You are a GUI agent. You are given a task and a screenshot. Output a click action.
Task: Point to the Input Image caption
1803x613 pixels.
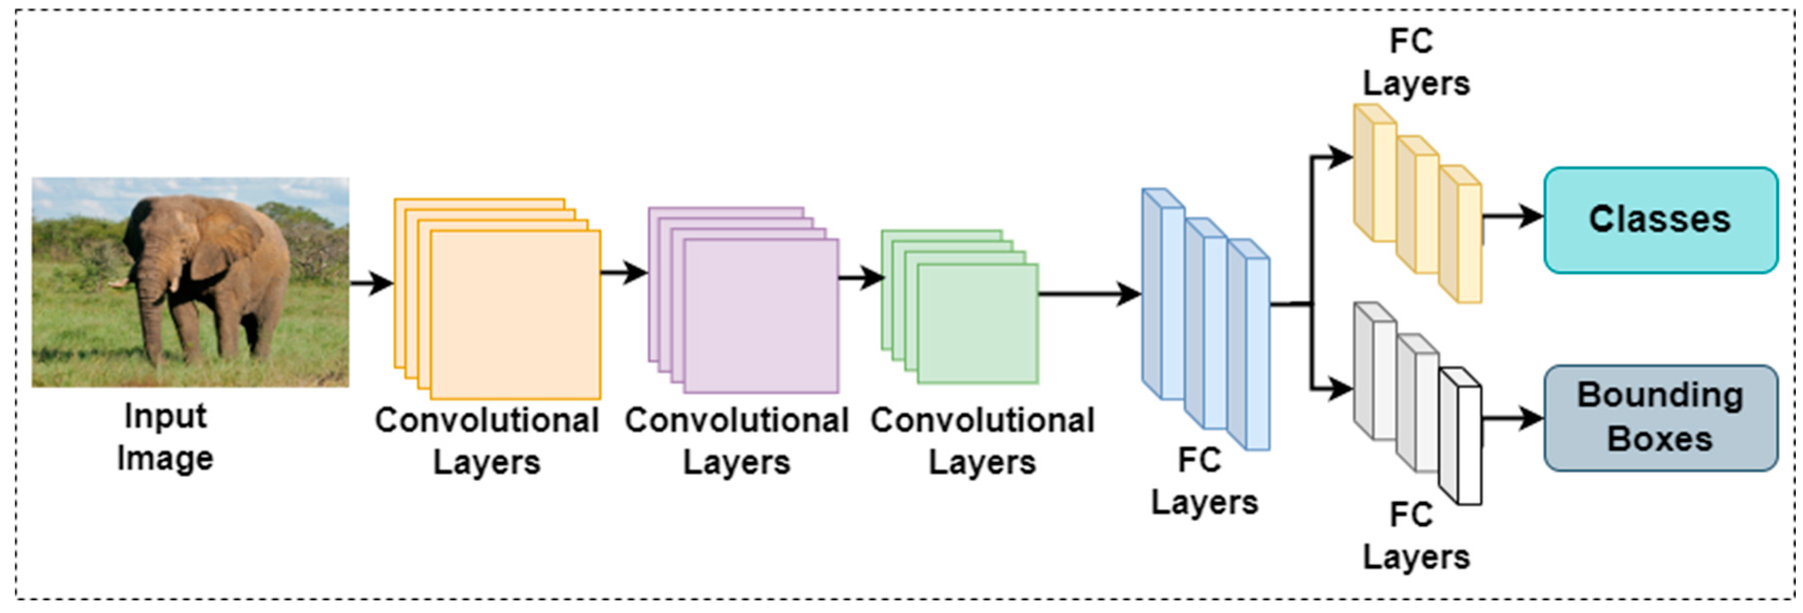point(165,437)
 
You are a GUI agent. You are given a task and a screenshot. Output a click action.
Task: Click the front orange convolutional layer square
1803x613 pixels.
point(515,315)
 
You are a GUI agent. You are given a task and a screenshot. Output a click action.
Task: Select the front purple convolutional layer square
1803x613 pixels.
point(761,316)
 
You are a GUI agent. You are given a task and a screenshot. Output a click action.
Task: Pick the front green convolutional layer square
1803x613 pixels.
point(977,323)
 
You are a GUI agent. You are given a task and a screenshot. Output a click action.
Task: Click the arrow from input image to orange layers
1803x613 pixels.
point(371,283)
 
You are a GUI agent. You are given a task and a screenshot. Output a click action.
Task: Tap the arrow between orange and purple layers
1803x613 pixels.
point(623,272)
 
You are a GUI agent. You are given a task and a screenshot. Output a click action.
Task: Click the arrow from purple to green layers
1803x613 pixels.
point(861,278)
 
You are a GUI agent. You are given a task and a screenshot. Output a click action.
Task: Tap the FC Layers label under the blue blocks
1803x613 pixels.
point(1204,482)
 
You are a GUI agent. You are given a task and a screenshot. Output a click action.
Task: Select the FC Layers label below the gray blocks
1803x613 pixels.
point(1415,537)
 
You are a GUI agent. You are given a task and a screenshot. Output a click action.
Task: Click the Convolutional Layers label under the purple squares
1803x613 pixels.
point(736,441)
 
